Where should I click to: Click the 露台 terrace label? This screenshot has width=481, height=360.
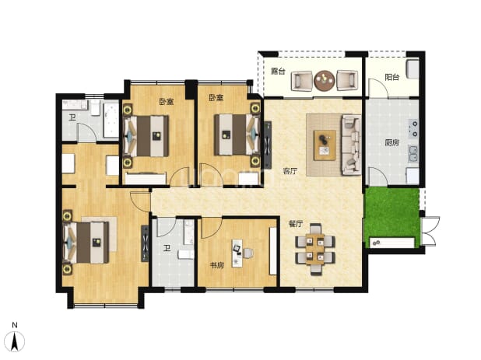[278, 72]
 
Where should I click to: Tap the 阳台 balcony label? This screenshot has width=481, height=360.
[391, 77]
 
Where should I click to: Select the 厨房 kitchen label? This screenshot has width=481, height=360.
[391, 142]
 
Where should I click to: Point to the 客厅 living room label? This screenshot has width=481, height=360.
[290, 171]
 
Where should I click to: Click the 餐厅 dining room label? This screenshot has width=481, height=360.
[296, 224]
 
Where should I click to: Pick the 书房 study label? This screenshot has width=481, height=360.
[216, 265]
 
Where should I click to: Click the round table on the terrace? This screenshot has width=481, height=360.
[325, 81]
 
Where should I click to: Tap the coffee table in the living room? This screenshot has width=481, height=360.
[325, 145]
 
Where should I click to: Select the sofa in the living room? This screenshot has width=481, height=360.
[352, 145]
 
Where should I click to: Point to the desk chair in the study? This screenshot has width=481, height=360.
[249, 253]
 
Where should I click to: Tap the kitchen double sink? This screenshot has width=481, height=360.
[413, 154]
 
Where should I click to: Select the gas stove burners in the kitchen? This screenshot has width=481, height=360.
[413, 128]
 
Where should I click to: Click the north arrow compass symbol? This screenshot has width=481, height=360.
[15, 341]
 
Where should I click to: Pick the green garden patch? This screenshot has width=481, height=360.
[391, 217]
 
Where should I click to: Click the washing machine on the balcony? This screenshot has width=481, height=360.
[413, 69]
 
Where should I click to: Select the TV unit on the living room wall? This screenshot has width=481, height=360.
[268, 145]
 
